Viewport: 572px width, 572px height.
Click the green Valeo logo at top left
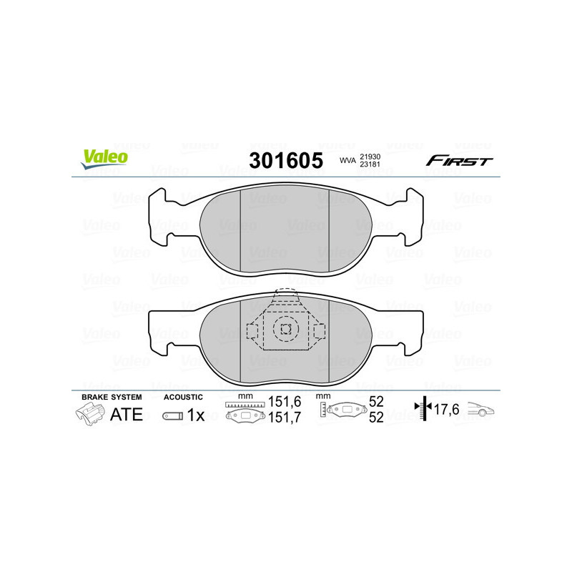tap(105, 159)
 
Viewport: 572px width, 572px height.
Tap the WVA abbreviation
tap(347, 162)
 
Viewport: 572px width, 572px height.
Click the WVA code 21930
tap(370, 156)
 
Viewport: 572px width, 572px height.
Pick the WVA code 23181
tap(370, 165)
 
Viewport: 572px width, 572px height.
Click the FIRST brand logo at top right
tap(459, 161)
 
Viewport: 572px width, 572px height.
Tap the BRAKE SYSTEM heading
tap(112, 397)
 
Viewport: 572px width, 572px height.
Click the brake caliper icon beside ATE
tap(89, 414)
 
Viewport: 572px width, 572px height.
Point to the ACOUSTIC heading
tap(183, 397)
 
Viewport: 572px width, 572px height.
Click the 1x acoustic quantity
tap(196, 415)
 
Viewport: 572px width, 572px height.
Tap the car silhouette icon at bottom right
tap(481, 410)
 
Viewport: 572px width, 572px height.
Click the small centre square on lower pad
tap(286, 330)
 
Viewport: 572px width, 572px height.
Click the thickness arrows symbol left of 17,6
tap(425, 409)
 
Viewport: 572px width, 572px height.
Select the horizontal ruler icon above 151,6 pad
tap(245, 405)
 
